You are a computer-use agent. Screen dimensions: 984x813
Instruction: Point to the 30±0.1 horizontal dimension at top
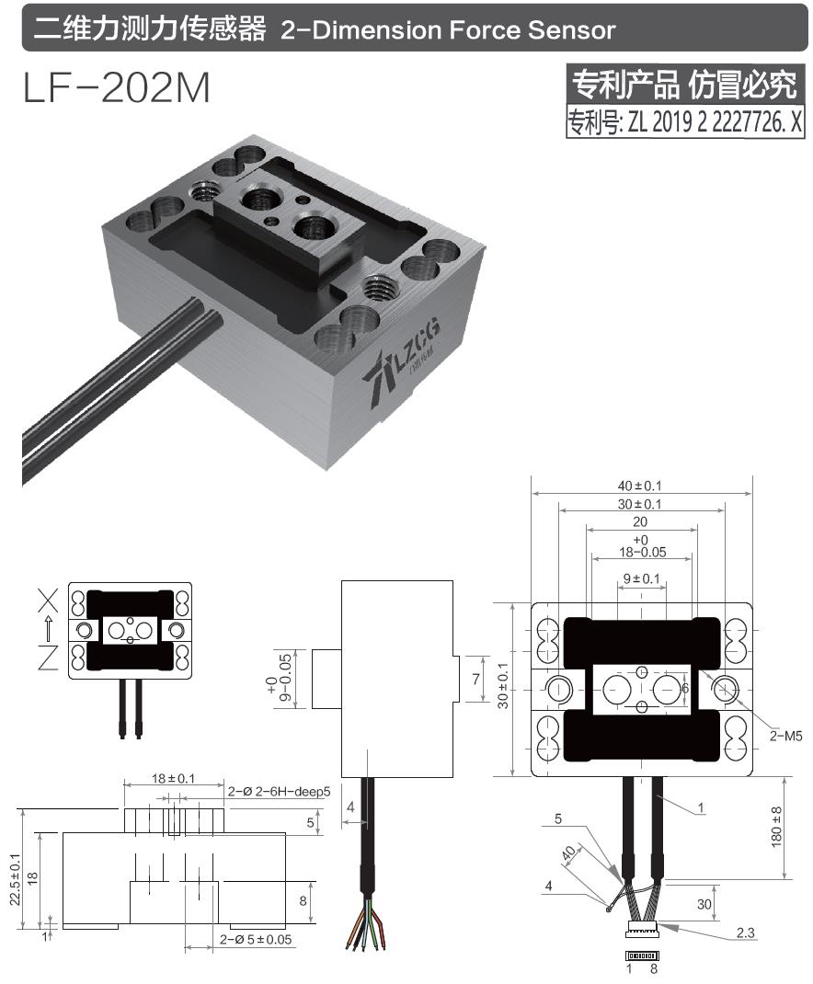coord(642,503)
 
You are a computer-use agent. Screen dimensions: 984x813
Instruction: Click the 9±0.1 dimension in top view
coord(642,578)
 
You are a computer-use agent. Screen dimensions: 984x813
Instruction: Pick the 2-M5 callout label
coord(786,735)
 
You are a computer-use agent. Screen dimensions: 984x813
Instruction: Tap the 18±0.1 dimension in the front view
coord(173,778)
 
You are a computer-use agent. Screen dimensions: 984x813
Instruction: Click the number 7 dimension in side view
coord(475,680)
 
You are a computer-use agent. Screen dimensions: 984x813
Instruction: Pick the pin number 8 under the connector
coord(654,968)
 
